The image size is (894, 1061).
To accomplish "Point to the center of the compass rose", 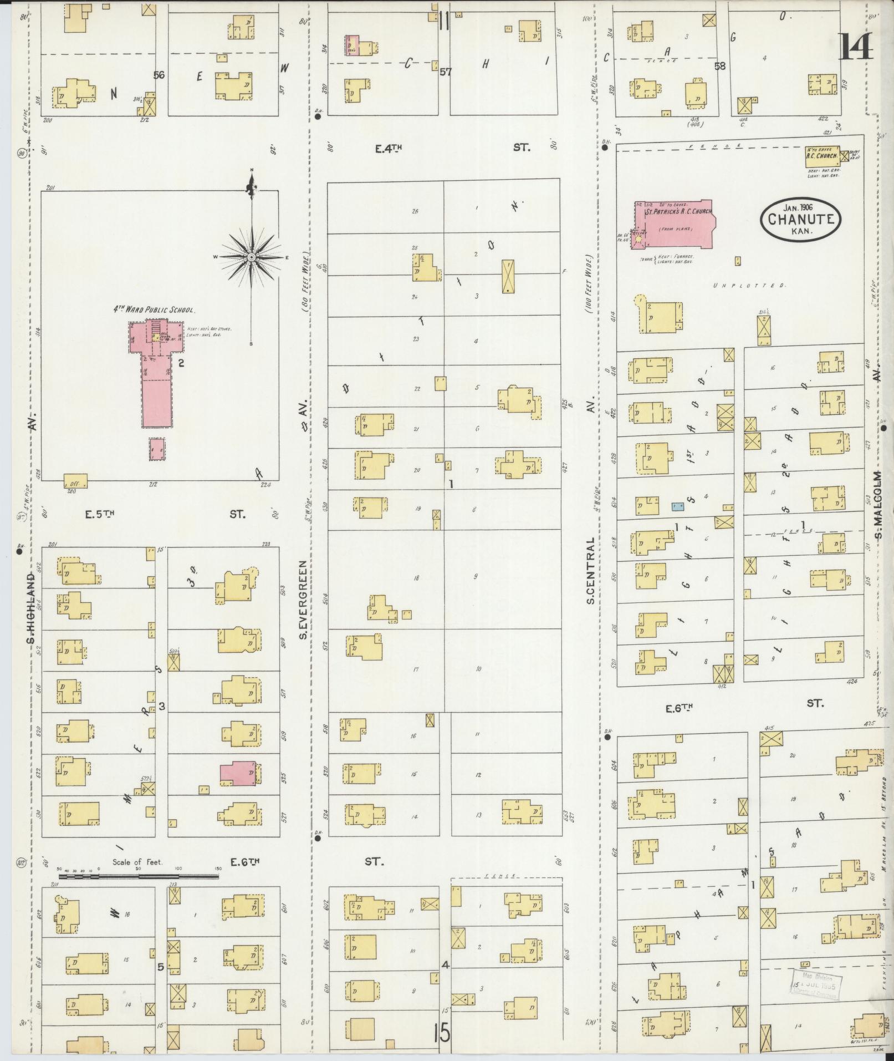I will click(x=252, y=257).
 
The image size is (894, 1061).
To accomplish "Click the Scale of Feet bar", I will click(x=139, y=892).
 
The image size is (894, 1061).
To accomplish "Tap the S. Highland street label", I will click(x=32, y=609).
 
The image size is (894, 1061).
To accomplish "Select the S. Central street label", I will click(x=591, y=570).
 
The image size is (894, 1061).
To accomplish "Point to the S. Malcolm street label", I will click(x=878, y=505).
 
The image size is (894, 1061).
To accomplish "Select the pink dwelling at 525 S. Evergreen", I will click(x=239, y=773).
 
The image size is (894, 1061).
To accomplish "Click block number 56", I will click(x=159, y=75).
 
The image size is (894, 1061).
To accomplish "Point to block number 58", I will click(x=720, y=67).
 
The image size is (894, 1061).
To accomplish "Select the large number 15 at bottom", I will click(x=442, y=1033).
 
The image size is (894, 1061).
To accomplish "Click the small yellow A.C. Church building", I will click(x=821, y=156).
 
